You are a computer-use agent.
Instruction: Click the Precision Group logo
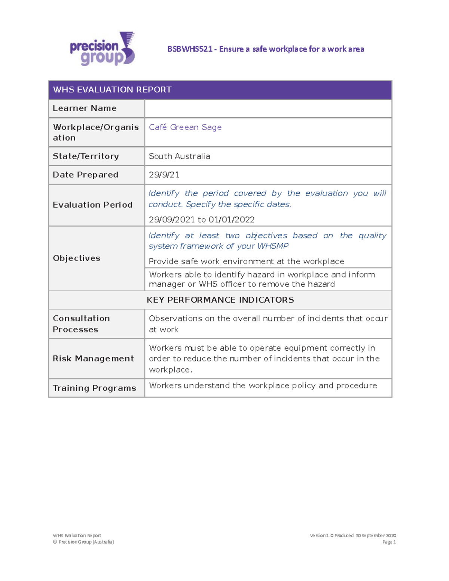[102, 49]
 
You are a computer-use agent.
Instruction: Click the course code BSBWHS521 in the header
[190, 49]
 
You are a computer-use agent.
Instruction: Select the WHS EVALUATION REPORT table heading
[112, 90]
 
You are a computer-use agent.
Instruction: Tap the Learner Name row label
[85, 108]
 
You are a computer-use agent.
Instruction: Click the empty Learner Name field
[268, 108]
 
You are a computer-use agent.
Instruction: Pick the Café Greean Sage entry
[185, 127]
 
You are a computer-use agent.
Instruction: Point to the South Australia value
[179, 156]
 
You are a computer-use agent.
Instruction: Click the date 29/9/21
[164, 175]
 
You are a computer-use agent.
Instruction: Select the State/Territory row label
[86, 156]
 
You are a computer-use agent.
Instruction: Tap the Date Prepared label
[85, 175]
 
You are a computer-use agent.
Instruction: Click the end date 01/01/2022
[232, 220]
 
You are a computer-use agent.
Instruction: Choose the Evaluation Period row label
[92, 205]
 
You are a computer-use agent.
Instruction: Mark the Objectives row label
[76, 258]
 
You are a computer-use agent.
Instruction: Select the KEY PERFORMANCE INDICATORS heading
[220, 300]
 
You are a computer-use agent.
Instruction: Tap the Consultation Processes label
[81, 324]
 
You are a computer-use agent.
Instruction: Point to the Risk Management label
[93, 358]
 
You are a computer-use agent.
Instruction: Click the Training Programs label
[94, 388]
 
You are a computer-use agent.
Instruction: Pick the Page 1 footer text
[389, 542]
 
